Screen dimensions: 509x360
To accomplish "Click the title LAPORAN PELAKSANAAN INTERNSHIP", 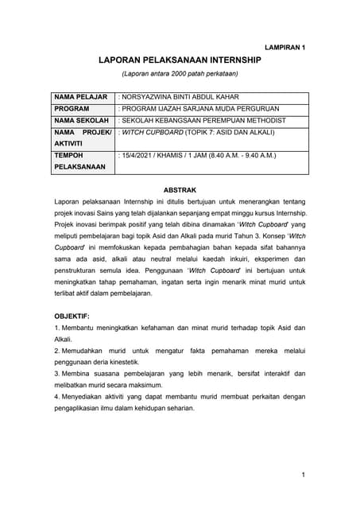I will tap(180, 60).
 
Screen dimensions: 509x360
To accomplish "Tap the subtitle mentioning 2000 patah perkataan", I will tap(180, 74).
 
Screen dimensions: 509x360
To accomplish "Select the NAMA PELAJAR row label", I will tap(80, 96).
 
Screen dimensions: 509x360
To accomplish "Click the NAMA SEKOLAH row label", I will tap(80, 120).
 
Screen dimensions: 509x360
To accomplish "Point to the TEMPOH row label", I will tap(70, 156).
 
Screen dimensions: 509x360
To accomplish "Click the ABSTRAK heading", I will tap(180, 192).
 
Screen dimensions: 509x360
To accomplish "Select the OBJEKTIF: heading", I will tap(72, 316).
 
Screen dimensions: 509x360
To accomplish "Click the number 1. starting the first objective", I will tap(56, 328).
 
